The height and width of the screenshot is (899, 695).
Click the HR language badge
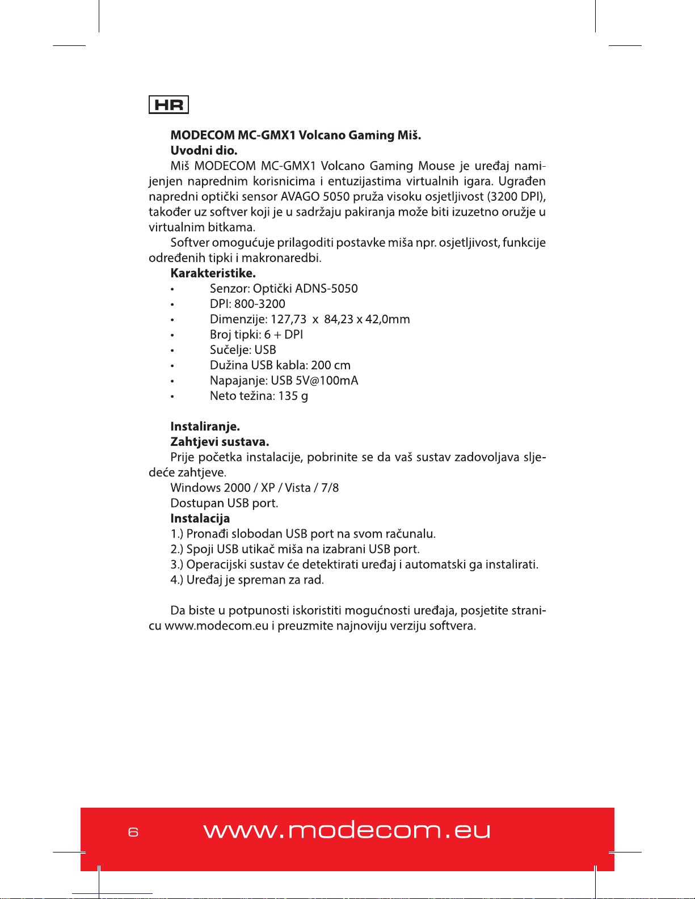pos(169,105)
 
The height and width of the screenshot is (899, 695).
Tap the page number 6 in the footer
pos(133,832)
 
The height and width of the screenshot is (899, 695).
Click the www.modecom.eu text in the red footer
pos(347,831)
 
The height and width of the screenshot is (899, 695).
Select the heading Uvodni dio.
pos(204,150)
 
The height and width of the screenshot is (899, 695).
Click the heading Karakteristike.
pos(213,273)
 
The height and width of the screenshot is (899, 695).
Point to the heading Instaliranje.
pos(205,426)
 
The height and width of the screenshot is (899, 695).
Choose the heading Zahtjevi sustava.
pos(220,441)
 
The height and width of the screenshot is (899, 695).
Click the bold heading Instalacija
pos(200,518)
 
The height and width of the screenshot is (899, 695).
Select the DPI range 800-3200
pos(260,303)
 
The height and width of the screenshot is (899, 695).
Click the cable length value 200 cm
pos(331,365)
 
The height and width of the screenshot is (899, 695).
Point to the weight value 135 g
pos(293,396)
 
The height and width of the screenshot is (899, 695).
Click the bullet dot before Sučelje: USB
pos(172,351)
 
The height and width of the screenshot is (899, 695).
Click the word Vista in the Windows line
pos(298,488)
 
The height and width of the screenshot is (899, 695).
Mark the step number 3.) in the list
pos(177,564)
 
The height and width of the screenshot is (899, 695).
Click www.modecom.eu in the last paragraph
pos(216,626)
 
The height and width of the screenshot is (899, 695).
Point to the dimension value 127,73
pos(288,319)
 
